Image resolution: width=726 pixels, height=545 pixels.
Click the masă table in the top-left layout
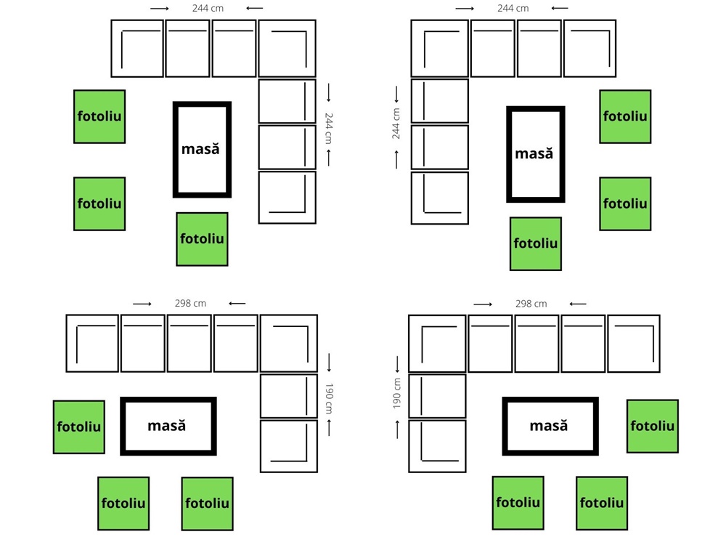[202, 150]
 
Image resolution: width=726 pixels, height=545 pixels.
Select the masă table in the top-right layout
[536, 154]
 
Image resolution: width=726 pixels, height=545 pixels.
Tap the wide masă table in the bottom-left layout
[168, 426]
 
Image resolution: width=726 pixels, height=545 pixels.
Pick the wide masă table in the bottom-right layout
[550, 427]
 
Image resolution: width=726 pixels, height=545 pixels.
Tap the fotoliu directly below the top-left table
[202, 239]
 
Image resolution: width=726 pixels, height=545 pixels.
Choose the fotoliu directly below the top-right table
[536, 243]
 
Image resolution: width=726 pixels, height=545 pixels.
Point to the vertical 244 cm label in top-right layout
[396, 124]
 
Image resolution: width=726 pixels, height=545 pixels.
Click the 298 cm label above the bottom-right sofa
[531, 304]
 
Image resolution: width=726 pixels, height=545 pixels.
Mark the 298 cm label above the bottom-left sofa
[190, 303]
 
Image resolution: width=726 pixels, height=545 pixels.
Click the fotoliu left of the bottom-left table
[78, 427]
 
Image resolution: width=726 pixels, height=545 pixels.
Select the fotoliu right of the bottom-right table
[653, 426]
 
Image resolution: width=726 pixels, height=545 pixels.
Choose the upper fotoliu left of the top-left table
[99, 116]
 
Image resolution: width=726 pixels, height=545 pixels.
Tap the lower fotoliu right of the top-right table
[625, 203]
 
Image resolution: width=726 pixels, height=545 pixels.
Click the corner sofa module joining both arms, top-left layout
[287, 49]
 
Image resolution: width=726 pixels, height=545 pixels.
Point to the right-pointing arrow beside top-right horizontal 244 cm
[465, 9]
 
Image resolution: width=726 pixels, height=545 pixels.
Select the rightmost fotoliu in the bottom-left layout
[207, 504]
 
